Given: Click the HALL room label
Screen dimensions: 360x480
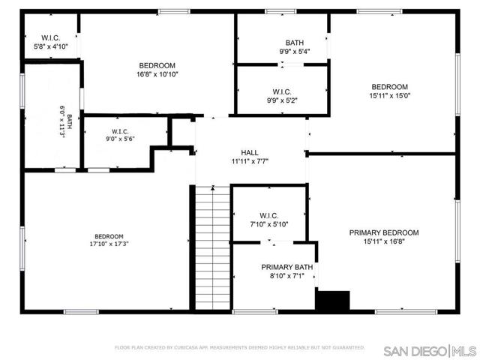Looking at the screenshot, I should click(250, 151).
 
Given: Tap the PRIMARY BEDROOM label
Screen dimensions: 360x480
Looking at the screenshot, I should click(384, 232).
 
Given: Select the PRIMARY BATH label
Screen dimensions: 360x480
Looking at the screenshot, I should click(287, 267).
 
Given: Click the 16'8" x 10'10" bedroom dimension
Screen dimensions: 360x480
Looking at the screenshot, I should click(157, 74).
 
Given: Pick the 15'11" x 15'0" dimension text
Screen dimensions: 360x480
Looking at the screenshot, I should click(389, 95).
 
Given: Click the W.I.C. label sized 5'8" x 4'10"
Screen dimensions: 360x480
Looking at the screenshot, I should click(51, 37).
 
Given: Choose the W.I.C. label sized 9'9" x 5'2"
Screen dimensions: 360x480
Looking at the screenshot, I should click(282, 91).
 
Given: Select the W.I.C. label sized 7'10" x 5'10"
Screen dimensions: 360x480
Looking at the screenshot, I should click(269, 215).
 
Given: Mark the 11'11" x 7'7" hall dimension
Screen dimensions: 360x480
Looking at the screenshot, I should click(250, 160).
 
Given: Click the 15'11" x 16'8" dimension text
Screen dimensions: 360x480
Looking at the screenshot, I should click(384, 241).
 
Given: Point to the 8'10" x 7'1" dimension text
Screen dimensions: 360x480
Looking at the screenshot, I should click(287, 276).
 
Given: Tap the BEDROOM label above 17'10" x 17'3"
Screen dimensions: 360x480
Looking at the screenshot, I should click(109, 235).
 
